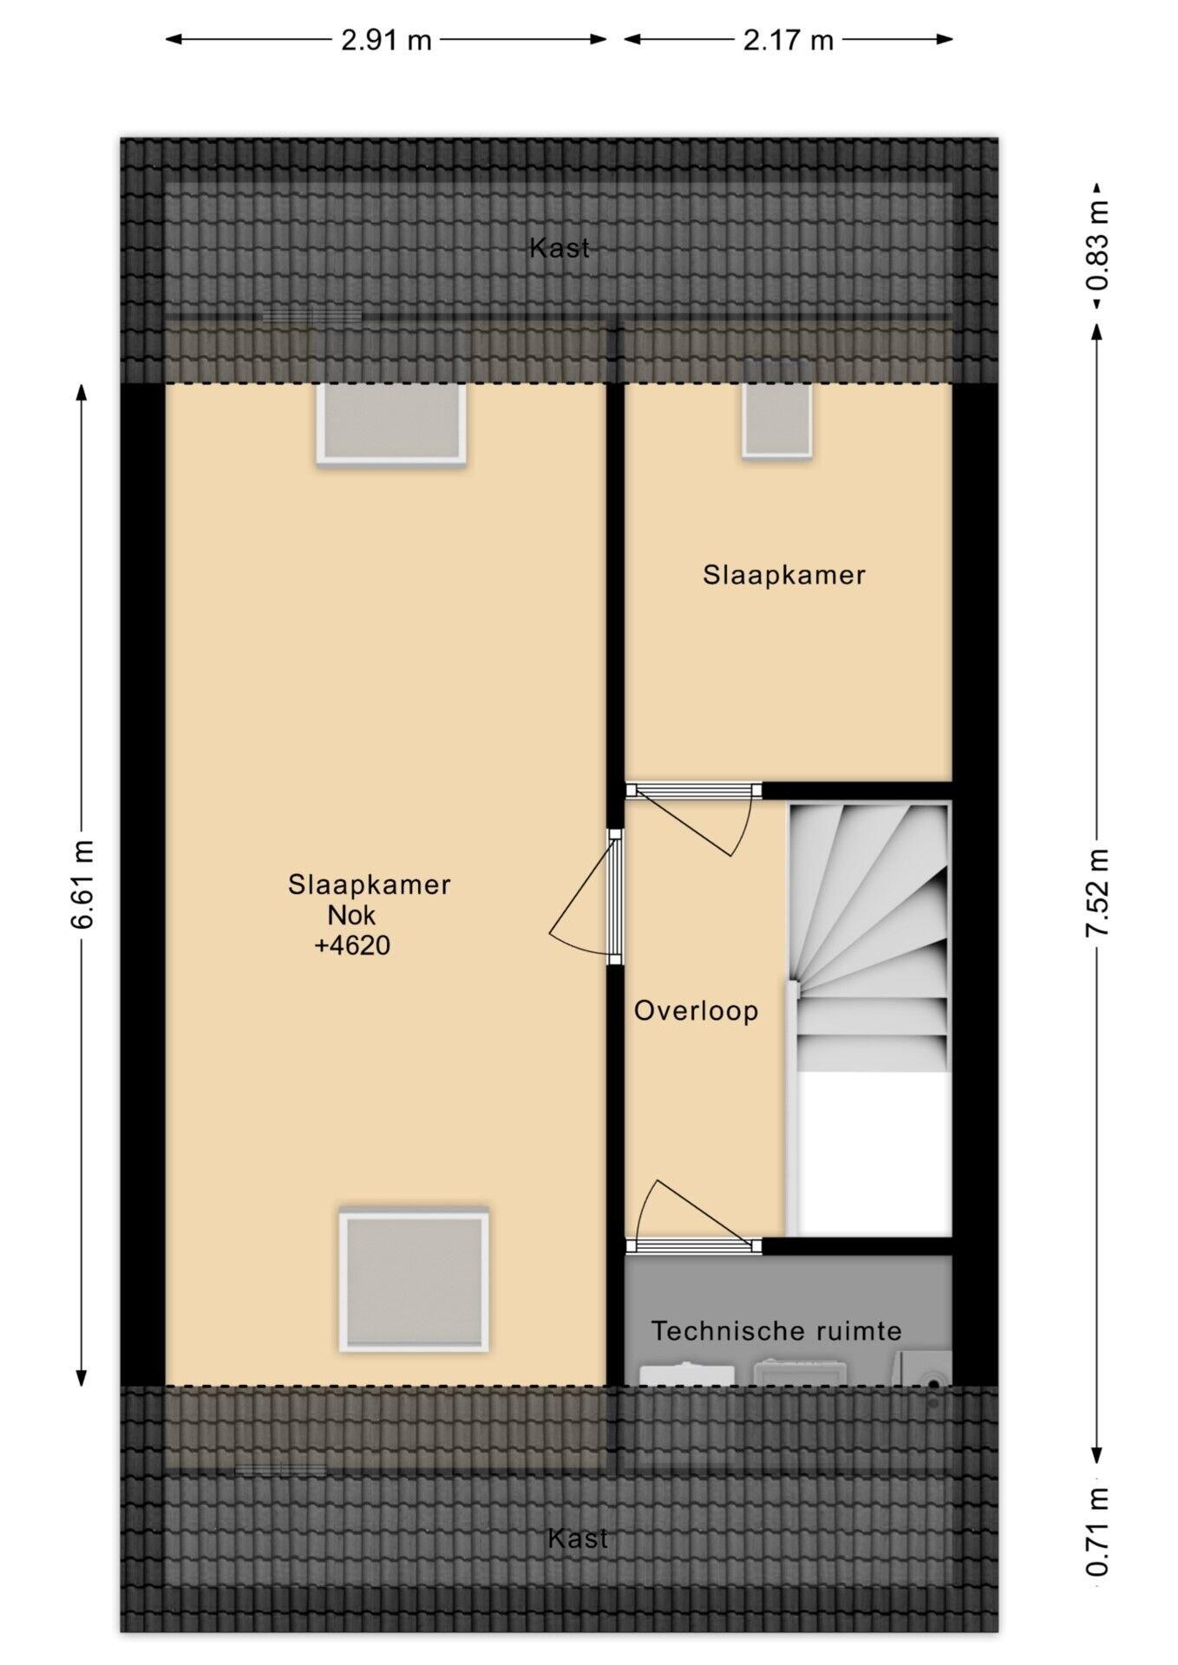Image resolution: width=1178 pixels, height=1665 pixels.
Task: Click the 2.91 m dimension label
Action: coord(386,40)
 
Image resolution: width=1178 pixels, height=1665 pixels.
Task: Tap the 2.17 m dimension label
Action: coord(788,40)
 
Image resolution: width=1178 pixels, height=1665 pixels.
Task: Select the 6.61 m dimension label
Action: coord(82,884)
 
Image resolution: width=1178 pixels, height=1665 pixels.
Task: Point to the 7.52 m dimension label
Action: coord(1097,891)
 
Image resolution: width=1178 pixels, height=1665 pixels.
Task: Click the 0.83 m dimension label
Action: coord(1098,245)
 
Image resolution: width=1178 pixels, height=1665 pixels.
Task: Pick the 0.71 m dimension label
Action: coord(1098,1531)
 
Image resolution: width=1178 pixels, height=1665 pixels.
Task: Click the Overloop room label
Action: coord(696,1010)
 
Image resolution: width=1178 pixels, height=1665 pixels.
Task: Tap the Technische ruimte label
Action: coord(776,1330)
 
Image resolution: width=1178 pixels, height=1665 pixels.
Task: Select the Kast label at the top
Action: coord(560,248)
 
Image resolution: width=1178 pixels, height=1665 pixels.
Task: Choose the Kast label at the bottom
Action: coord(578,1538)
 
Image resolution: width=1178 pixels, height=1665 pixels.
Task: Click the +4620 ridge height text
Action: coord(352,945)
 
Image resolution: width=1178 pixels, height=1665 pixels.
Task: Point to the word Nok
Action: coord(351,915)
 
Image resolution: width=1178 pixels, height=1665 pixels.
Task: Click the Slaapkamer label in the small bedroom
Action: coord(784,575)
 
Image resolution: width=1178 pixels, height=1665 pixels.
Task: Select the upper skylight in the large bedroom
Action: coord(390,423)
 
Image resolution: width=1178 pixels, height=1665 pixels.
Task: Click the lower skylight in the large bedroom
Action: coord(414,1280)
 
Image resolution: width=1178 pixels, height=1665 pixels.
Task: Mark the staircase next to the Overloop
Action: coord(868,1018)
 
